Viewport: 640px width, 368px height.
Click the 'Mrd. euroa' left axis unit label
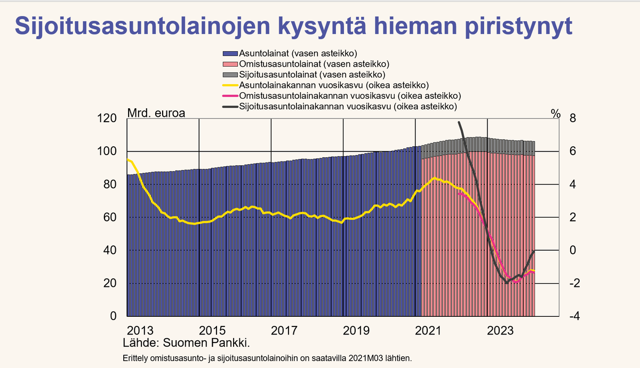coord(156,113)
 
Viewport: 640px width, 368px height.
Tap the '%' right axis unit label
coord(556,113)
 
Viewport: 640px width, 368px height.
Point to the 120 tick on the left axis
coord(107,118)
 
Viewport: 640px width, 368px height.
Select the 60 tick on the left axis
coord(109,218)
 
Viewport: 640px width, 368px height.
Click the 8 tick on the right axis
coord(573,118)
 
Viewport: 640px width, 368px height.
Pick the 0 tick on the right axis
coord(573,250)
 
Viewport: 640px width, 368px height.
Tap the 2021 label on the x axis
coord(427,330)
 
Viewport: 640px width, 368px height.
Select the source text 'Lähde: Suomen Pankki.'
coord(186,342)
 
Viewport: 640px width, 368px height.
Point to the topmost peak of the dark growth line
coord(460,123)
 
